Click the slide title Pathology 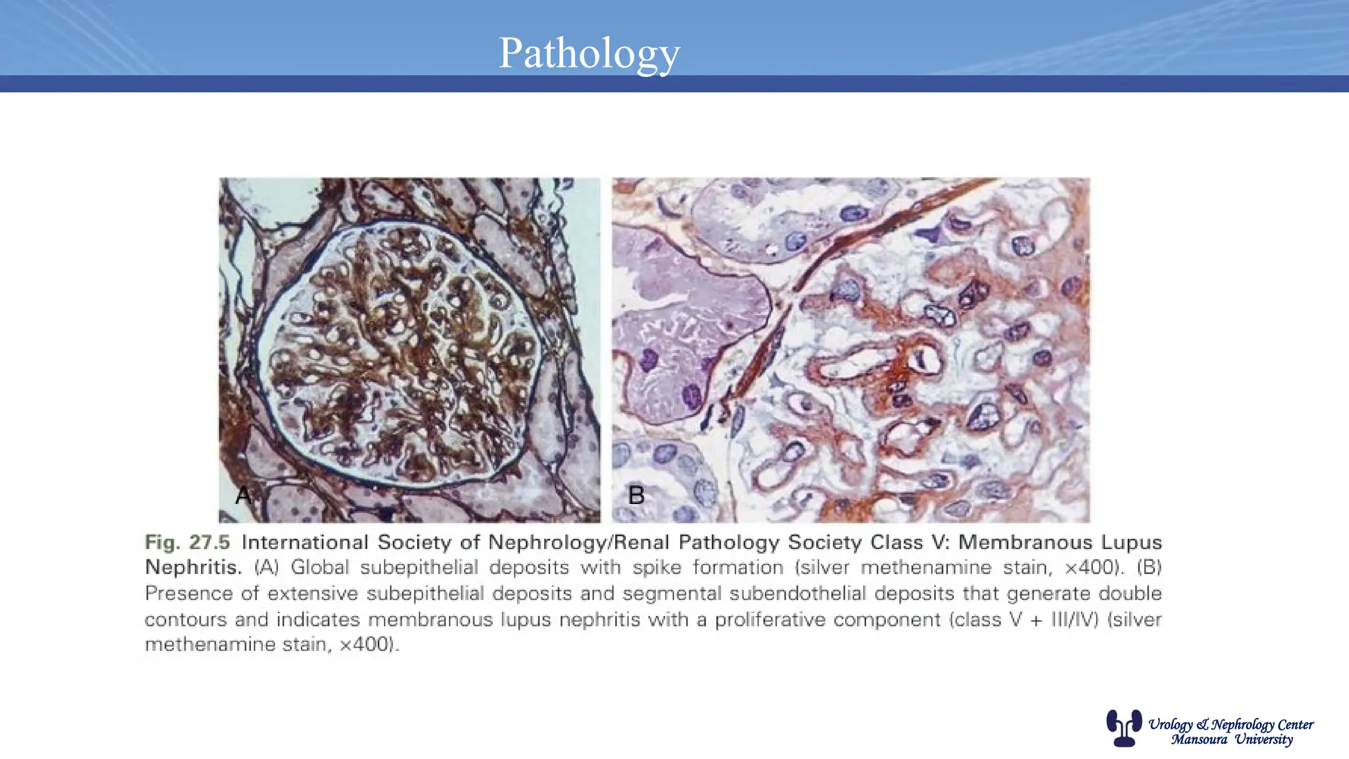[x=589, y=53]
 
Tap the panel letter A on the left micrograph [x=243, y=495]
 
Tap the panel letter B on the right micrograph [x=636, y=495]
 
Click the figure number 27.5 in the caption [x=209, y=542]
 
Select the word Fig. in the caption [x=162, y=543]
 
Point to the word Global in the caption [x=320, y=567]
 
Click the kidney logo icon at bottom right [x=1123, y=727]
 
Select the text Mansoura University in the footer [x=1232, y=739]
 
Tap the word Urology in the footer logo [x=1170, y=725]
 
